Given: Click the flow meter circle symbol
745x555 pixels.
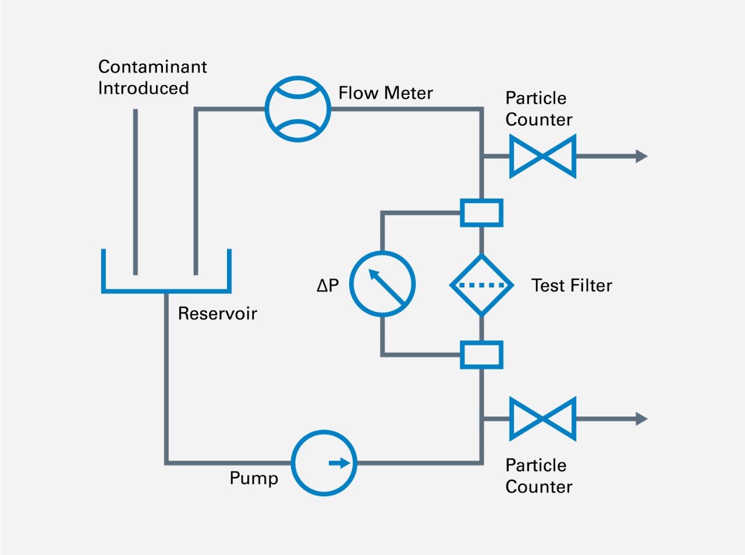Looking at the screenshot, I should pyautogui.click(x=298, y=109).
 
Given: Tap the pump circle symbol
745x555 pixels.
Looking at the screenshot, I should pyautogui.click(x=324, y=463).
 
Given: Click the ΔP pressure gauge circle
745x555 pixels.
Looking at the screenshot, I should pyautogui.click(x=382, y=284).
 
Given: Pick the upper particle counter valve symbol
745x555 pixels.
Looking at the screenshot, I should pyautogui.click(x=542, y=156).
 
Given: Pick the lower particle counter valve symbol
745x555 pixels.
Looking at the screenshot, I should pyautogui.click(x=542, y=419).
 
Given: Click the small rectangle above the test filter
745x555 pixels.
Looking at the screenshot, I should pyautogui.click(x=481, y=213).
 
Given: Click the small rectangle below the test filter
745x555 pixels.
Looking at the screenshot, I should pyautogui.click(x=481, y=355).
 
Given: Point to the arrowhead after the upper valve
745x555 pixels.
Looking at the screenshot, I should pyautogui.click(x=641, y=156).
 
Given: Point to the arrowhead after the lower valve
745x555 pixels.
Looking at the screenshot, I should pyautogui.click(x=641, y=419).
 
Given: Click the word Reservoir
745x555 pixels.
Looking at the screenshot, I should pyautogui.click(x=217, y=314).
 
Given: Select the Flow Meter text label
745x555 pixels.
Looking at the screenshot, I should pyautogui.click(x=385, y=93).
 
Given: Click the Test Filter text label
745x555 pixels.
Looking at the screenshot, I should pyautogui.click(x=572, y=286).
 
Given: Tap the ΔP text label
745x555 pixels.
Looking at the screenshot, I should pyautogui.click(x=328, y=285).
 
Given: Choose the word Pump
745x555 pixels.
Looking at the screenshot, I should pyautogui.click(x=254, y=478).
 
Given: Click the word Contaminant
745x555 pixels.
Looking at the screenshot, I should pyautogui.click(x=152, y=67).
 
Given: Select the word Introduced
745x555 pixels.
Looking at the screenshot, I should pyautogui.click(x=143, y=88).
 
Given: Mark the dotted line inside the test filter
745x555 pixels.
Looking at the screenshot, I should pyautogui.click(x=482, y=286).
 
